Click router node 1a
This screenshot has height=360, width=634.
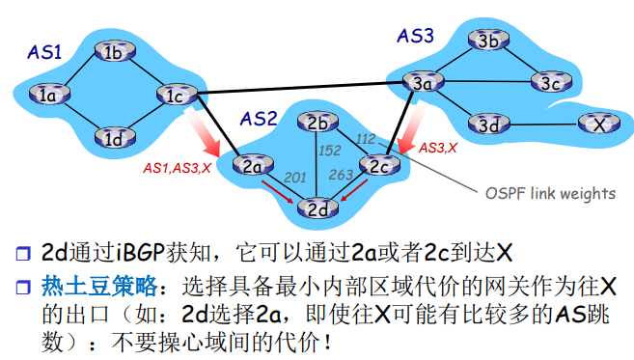point(48,94)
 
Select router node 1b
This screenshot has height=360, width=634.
point(114,52)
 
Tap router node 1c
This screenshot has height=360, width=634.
point(175,95)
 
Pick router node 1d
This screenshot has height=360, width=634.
point(113,137)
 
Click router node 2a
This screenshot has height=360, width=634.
point(253,165)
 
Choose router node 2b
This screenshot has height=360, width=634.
point(317,123)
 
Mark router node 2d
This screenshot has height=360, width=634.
point(317,206)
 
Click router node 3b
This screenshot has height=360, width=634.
point(488,41)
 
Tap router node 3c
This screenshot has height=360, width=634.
point(550,83)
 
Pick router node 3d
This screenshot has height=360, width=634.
point(488,125)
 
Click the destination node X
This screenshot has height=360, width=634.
point(598,124)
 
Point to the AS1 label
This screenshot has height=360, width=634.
point(43,53)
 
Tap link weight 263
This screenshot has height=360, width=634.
point(342,175)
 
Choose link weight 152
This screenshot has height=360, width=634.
point(330,150)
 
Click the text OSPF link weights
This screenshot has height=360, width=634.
point(549,193)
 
